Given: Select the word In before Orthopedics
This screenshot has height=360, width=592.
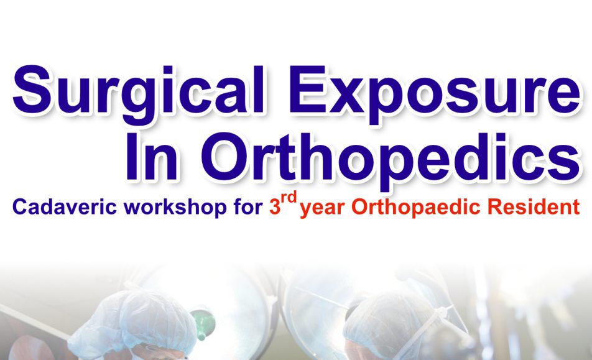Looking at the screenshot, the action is (152, 156).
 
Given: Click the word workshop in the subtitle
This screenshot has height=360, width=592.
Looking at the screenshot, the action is (175, 208).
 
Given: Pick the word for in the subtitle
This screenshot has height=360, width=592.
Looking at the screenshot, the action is (248, 207).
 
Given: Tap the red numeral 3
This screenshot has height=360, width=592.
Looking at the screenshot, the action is (274, 207).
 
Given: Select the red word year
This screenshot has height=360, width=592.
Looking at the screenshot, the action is (322, 209).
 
